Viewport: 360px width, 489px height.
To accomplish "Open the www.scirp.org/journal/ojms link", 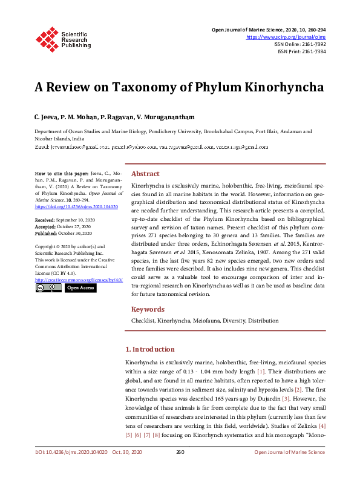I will pos(286,37).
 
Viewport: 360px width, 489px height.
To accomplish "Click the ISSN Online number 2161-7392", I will pos(312,44).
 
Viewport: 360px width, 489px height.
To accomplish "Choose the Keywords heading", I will pos(148,309).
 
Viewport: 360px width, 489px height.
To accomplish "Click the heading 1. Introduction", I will pos(149,349).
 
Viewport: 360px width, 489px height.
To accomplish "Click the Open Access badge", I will pos(80,288).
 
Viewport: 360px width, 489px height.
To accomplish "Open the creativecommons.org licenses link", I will pos(79,280).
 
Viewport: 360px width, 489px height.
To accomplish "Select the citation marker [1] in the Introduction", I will pos(261,370).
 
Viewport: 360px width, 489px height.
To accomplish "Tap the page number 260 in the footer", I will pos(180,469).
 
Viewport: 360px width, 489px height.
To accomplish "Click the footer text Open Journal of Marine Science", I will pos(289,469).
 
